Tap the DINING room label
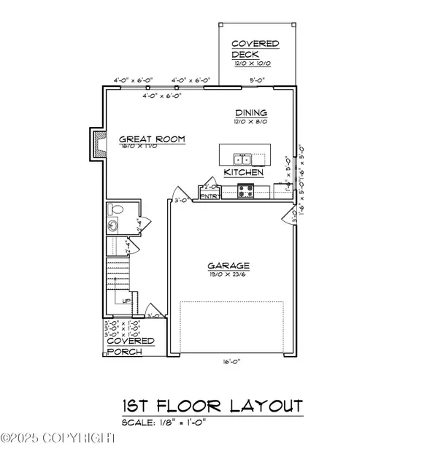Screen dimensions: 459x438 click(250, 113)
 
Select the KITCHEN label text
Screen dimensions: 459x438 click(243, 173)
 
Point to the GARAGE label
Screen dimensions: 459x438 click(228, 266)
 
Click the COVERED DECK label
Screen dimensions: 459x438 click(255, 49)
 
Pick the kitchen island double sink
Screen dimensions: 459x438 click(243, 159)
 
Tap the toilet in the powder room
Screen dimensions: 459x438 click(115, 209)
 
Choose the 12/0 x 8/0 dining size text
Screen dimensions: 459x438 click(250, 122)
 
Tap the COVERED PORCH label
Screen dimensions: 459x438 click(130, 346)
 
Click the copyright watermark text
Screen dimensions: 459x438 click(58, 438)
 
